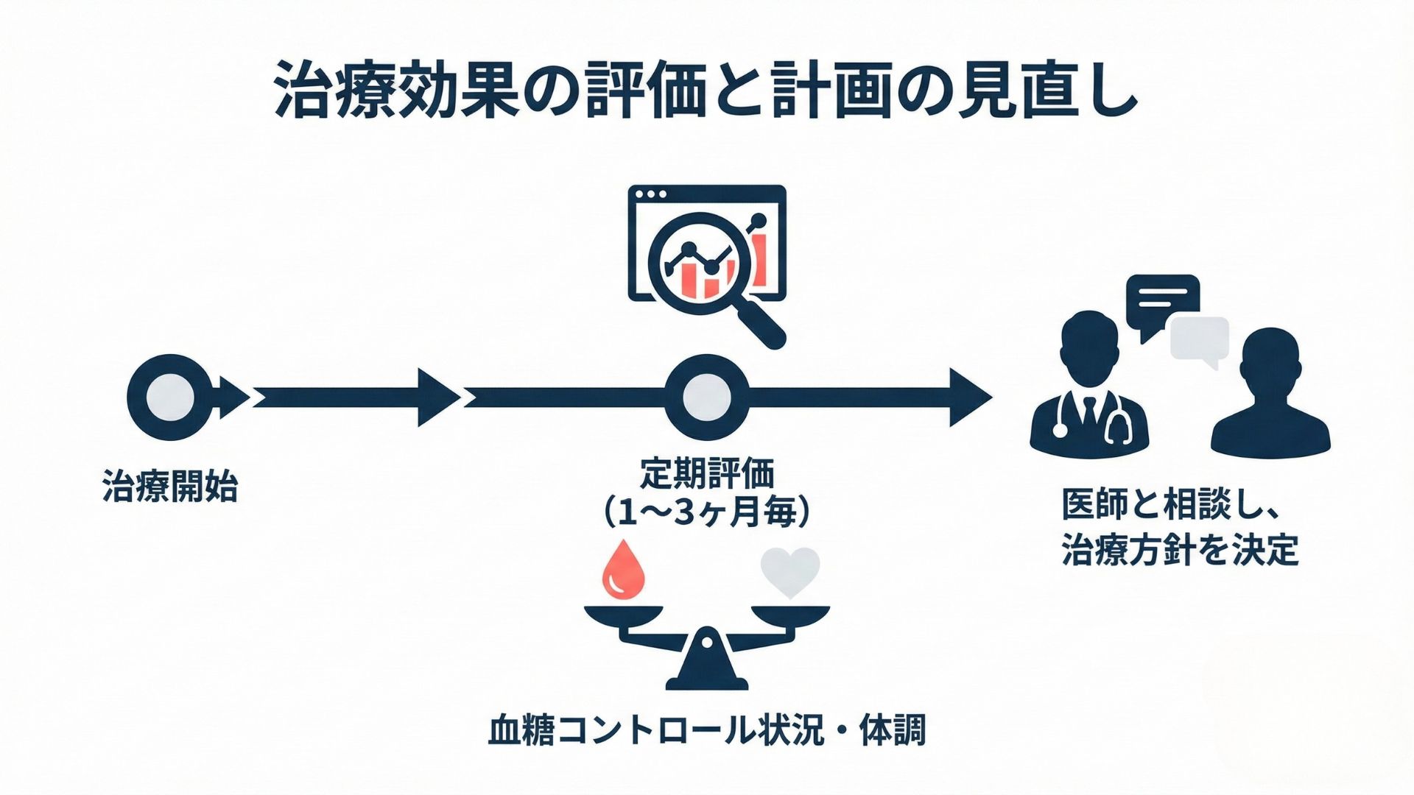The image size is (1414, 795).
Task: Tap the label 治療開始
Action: click(170, 487)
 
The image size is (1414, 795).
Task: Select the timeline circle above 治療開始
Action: click(170, 397)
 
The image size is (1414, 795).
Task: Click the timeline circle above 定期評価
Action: click(706, 397)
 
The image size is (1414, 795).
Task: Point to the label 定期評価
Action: click(706, 474)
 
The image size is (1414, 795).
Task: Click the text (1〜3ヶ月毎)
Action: click(706, 512)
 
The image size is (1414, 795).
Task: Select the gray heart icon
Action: click(790, 573)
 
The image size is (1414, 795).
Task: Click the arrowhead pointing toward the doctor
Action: click(968, 397)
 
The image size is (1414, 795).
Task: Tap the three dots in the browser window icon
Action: click(651, 195)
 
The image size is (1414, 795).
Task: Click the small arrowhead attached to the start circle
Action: click(234, 397)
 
